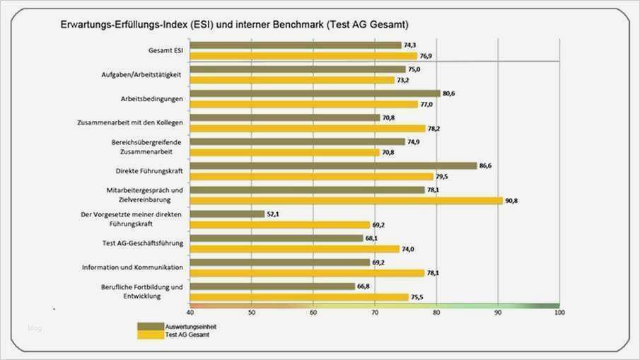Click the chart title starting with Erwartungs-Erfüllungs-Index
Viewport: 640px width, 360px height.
tap(234, 25)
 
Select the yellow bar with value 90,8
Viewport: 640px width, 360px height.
tap(346, 201)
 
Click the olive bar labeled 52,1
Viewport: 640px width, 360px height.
tap(227, 214)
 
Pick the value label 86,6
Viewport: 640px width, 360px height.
tap(486, 166)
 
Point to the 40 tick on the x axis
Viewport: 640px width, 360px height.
tap(190, 312)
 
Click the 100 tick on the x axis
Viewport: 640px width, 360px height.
tap(559, 312)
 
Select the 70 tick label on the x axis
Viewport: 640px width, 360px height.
tap(375, 312)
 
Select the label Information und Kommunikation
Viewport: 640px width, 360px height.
tap(132, 267)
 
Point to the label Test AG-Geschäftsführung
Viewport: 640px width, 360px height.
tap(143, 243)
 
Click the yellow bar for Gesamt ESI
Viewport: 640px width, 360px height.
tap(303, 56)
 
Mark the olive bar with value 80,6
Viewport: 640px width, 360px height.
tap(315, 93)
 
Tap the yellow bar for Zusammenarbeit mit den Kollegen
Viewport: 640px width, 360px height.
tap(308, 129)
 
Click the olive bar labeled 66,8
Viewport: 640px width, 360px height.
tap(272, 286)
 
